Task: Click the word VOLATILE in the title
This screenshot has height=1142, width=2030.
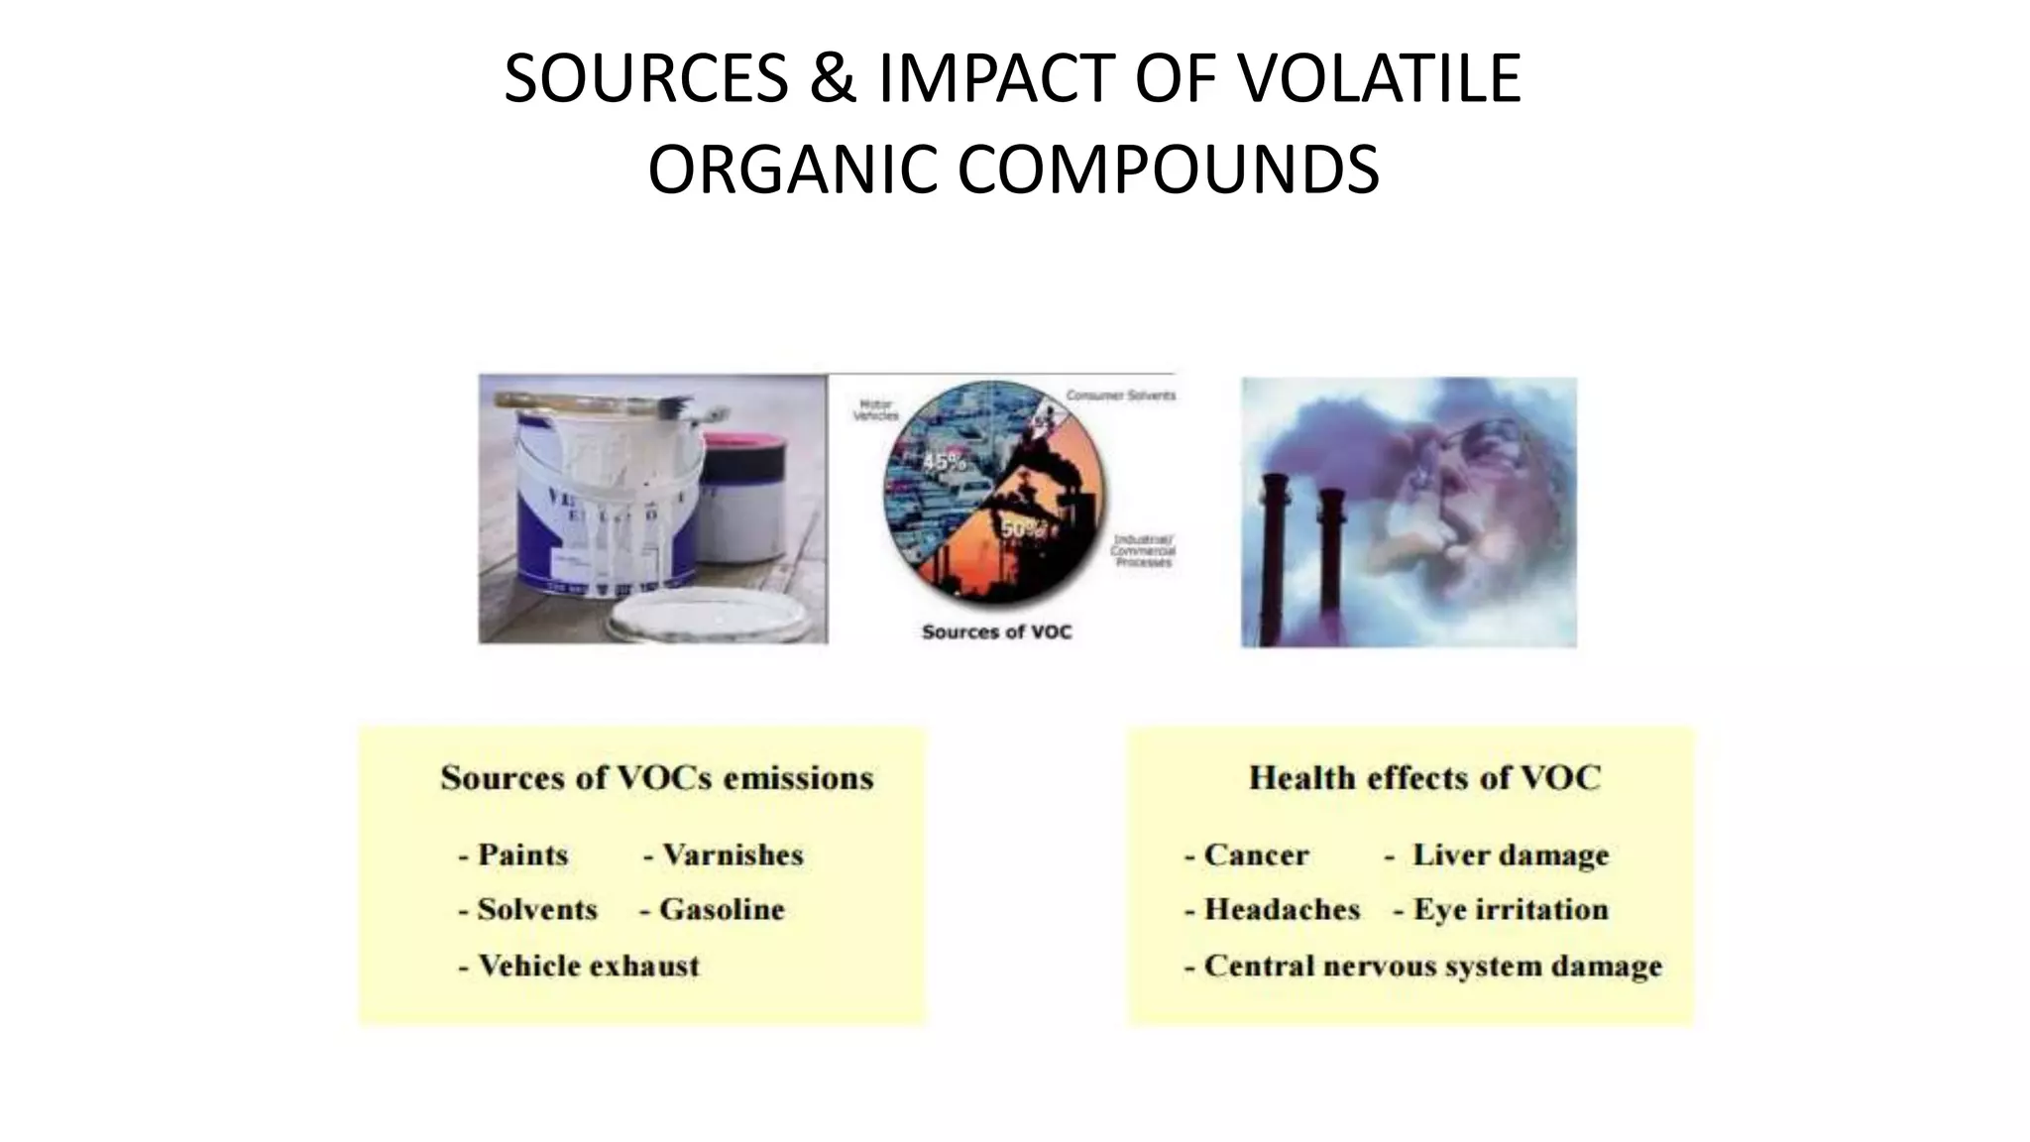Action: pyautogui.click(x=1381, y=78)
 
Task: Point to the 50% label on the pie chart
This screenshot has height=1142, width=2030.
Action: pyautogui.click(x=1021, y=529)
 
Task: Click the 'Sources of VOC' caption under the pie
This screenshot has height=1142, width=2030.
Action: pyautogui.click(x=996, y=631)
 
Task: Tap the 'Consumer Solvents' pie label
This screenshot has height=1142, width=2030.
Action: pyautogui.click(x=1120, y=396)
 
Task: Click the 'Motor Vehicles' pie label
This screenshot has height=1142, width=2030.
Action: pyautogui.click(x=874, y=410)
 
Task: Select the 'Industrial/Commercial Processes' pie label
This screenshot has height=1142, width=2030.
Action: pyautogui.click(x=1142, y=550)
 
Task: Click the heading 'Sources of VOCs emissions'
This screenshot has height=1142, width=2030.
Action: pyautogui.click(x=657, y=777)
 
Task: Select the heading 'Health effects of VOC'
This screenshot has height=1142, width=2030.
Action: pyautogui.click(x=1424, y=777)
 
